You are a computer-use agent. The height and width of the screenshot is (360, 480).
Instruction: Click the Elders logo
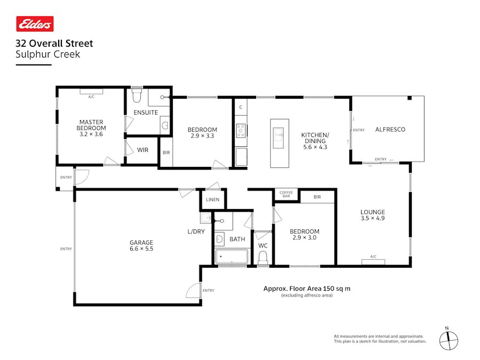click(x=35, y=24)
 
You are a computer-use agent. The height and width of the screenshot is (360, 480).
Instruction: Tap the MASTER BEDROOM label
click(x=91, y=125)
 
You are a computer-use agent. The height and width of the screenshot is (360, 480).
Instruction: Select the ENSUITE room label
click(x=146, y=113)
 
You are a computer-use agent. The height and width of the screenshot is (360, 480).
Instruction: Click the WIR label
click(x=142, y=150)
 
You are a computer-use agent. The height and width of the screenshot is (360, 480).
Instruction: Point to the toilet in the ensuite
click(x=137, y=97)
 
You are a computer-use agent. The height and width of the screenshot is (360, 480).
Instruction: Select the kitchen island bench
click(x=279, y=143)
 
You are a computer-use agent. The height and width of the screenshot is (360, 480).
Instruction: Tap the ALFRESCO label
click(x=390, y=130)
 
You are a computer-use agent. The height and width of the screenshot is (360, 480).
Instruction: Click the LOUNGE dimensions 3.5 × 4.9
click(x=372, y=218)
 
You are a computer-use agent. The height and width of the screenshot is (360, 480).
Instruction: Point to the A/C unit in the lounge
click(x=373, y=257)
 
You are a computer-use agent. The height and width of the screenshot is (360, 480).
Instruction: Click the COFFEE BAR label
click(x=286, y=195)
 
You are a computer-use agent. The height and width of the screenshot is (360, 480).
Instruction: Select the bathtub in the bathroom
click(x=231, y=257)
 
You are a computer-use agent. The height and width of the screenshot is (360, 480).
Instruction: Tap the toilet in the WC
click(x=262, y=258)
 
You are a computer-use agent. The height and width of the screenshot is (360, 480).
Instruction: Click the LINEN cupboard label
click(x=212, y=199)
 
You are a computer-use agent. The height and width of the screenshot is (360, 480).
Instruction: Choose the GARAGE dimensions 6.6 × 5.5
click(x=141, y=249)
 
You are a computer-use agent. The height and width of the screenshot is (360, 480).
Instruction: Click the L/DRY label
click(x=196, y=231)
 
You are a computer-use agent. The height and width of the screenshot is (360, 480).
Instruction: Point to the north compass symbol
click(x=449, y=339)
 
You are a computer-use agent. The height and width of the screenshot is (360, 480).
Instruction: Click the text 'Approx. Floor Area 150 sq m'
click(x=307, y=289)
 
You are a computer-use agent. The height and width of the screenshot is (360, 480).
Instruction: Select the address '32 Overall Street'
click(x=54, y=44)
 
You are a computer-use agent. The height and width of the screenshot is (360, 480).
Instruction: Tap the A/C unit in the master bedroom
click(x=91, y=91)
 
